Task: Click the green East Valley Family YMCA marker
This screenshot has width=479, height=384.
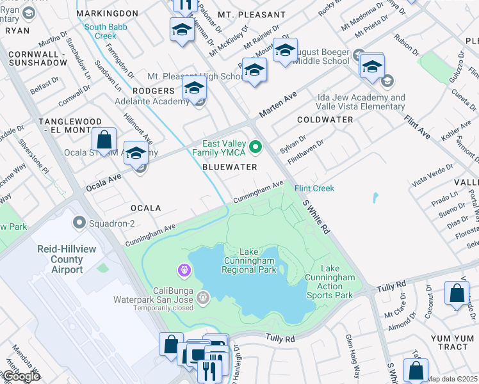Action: (256, 148)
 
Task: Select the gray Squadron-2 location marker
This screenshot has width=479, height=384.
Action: (79, 223)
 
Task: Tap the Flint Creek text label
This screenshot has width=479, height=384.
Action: (314, 188)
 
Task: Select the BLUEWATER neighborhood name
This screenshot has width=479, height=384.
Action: (229, 167)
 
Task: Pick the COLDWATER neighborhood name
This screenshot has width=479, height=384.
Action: (325, 120)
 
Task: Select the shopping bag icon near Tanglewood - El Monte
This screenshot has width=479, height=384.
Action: (104, 140)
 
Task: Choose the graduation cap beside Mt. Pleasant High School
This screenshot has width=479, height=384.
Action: (254, 69)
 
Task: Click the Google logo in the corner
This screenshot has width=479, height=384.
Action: (20, 377)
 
